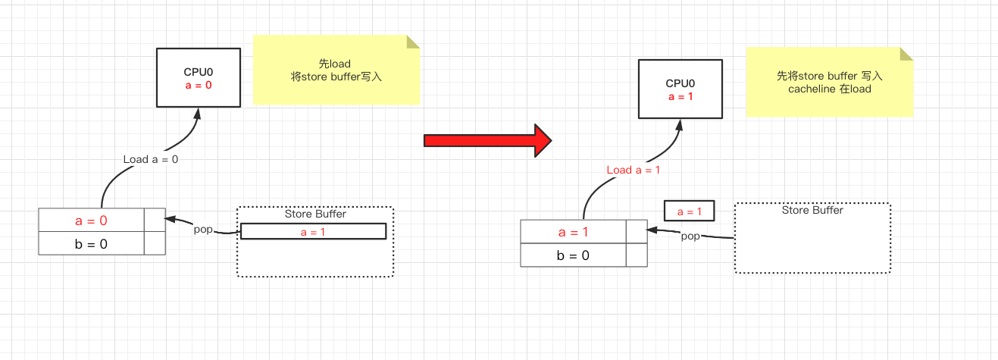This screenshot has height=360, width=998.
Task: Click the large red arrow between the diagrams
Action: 487,140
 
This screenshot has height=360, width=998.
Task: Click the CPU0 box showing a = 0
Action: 198,77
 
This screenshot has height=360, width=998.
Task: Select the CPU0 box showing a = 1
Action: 680,89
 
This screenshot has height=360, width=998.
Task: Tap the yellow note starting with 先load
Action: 336,70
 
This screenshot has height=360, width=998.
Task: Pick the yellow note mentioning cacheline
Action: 829,83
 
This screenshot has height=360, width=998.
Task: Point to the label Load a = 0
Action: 151,160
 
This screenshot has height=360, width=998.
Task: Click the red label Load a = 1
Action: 634,170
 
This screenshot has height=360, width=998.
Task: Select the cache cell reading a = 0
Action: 91,221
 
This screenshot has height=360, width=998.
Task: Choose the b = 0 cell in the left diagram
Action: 91,243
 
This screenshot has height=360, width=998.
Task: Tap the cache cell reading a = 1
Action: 573,232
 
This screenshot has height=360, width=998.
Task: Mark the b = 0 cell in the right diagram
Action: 573,255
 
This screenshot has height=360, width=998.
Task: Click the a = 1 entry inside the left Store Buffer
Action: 313,232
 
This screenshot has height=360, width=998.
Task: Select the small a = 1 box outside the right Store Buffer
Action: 689,211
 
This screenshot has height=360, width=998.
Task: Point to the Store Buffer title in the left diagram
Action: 315,214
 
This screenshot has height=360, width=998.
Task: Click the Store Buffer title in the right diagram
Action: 812,210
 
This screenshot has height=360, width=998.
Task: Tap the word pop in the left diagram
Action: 203,229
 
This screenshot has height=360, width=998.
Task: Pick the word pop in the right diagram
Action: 690,236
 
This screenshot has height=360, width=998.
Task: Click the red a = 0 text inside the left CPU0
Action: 198,86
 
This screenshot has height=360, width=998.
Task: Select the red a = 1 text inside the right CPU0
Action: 680,97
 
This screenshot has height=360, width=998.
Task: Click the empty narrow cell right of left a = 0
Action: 155,221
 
